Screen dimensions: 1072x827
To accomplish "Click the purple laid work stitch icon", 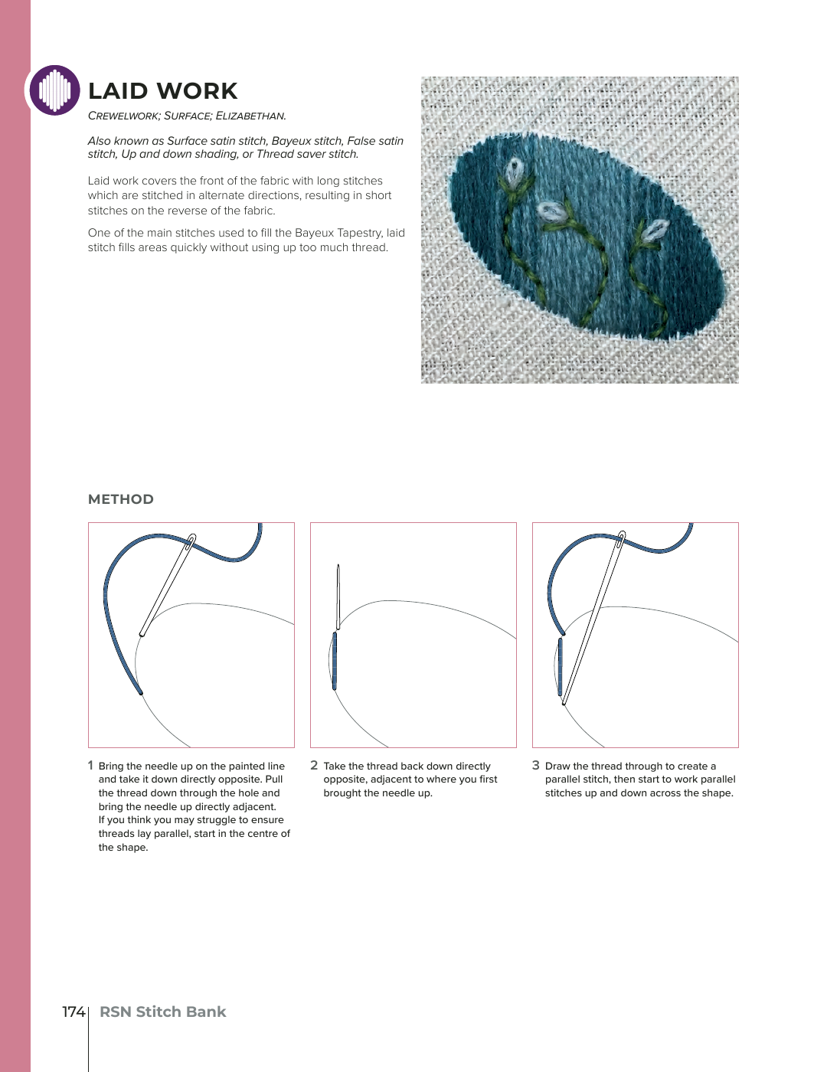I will tap(54, 90).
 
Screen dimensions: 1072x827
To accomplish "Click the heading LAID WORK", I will tap(162, 91).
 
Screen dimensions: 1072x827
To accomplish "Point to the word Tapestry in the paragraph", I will tap(351, 233).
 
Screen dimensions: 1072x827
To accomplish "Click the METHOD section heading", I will tap(121, 499).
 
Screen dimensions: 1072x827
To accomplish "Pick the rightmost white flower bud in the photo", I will tap(653, 230).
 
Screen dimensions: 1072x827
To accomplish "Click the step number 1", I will tap(90, 766).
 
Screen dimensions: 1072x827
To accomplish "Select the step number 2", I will tap(314, 766).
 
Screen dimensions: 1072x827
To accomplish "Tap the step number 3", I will tap(536, 766).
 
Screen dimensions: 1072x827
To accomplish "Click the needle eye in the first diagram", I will tap(191, 541).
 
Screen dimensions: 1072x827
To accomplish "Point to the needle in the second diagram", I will tap(338, 597).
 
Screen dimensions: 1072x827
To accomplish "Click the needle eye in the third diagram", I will tap(621, 538).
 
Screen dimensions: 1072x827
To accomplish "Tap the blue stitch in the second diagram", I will tap(335, 661).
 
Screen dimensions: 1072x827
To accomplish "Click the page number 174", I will tap(74, 1012).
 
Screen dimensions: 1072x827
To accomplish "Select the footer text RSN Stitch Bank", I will tap(162, 1012).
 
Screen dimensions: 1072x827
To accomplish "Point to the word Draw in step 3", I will tap(557, 766).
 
